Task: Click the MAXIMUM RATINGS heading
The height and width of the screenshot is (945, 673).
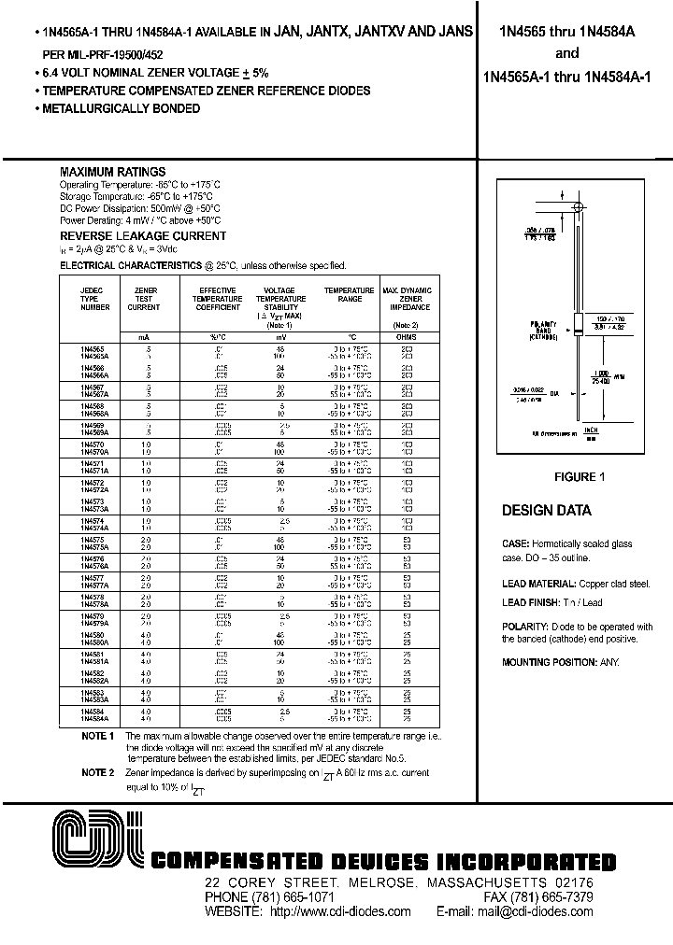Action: coord(112,172)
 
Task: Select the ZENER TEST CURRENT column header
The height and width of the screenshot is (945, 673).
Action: coord(144,299)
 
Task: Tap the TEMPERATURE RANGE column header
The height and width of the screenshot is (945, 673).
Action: coord(349,295)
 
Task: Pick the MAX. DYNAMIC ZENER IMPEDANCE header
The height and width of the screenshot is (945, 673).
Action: coord(407,299)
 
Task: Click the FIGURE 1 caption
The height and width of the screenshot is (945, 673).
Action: coord(580,477)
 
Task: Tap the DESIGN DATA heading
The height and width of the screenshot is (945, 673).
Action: coord(547,511)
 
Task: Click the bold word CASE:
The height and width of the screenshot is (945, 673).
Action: coord(516,543)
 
